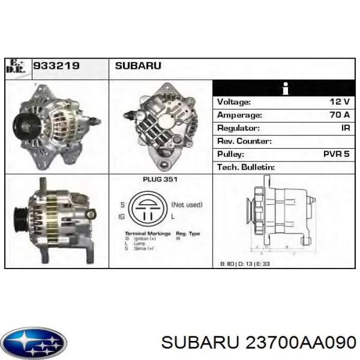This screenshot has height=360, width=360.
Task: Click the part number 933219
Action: coord(56,66)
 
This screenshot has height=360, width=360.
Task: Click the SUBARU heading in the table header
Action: coord(138,66)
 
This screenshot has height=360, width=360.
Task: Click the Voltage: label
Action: coord(234,102)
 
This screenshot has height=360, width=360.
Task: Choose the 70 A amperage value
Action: coord(339,115)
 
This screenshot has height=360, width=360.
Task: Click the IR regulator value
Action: coord(345,128)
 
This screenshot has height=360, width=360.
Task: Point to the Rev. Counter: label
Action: coord(244,141)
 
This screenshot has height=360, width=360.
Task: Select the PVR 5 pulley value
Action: coord(336,154)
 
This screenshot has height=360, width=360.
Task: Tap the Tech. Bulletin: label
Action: coord(246,167)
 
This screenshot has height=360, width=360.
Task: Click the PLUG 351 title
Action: coord(160,180)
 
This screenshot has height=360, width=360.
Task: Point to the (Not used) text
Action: coord(187,205)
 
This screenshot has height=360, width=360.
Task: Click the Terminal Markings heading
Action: coord(148,233)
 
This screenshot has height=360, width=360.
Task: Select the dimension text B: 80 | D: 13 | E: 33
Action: coord(245,264)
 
